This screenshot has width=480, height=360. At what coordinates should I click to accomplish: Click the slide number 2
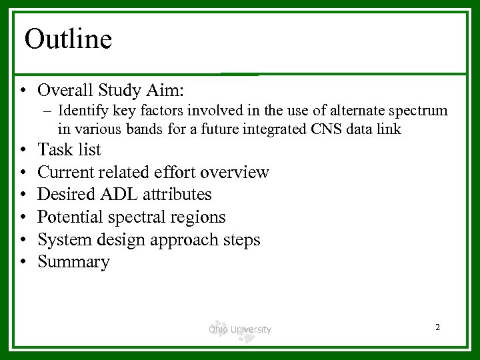437,327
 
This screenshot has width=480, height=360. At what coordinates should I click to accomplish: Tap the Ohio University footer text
240,329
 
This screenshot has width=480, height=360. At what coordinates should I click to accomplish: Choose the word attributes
173,194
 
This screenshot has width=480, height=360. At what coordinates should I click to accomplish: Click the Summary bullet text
73,262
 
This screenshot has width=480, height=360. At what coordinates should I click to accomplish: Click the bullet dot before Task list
23,149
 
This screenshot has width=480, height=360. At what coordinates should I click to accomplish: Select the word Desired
63,194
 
